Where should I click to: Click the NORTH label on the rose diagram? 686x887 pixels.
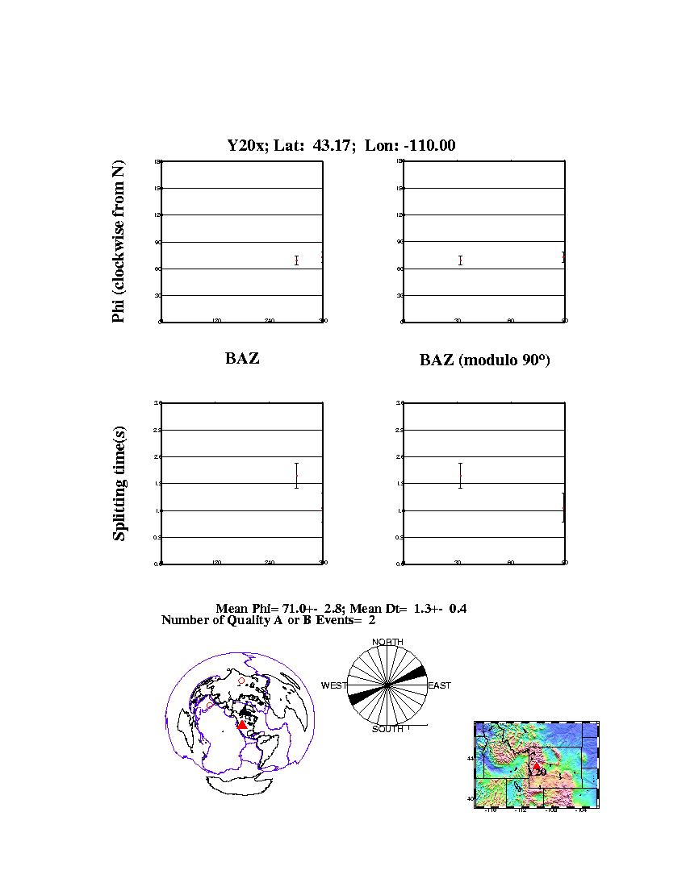click(387, 642)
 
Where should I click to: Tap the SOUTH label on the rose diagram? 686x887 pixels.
click(387, 729)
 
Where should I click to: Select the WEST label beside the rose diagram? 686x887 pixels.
click(334, 685)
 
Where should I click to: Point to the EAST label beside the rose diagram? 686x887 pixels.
click(439, 685)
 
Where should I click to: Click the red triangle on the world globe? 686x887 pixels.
click(242, 725)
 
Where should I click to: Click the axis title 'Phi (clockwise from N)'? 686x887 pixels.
click(119, 242)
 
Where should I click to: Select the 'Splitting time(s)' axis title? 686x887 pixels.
click(119, 485)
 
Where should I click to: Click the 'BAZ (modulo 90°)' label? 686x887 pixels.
click(484, 360)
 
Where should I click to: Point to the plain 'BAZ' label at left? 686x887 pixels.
click(242, 359)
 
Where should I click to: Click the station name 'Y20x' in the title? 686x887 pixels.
click(245, 146)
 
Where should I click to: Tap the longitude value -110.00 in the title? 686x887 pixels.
click(429, 146)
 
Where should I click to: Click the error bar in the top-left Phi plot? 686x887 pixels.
click(297, 260)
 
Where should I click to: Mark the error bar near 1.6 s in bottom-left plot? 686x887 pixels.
click(297, 476)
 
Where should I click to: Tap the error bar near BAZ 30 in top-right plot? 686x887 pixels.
click(460, 260)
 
